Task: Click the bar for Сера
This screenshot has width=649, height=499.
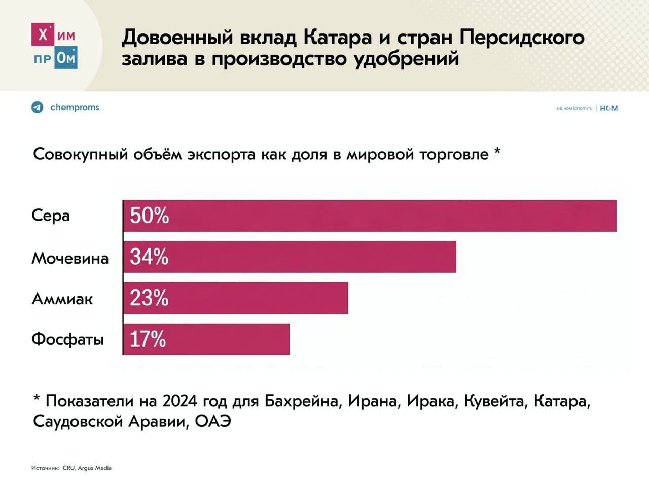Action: coord(370,216)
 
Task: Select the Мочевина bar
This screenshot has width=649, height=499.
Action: coord(290,257)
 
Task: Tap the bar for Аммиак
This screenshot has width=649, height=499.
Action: coord(236,298)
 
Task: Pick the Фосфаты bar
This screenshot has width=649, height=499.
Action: coord(206,339)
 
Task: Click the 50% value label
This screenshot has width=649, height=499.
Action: coord(149,216)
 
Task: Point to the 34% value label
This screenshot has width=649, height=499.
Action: coord(149,257)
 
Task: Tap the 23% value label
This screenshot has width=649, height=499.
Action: coord(149,298)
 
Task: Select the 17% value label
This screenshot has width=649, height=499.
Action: coord(148,339)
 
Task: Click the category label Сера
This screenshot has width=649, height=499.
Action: coord(51,216)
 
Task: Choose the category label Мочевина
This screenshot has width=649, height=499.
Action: coord(70,258)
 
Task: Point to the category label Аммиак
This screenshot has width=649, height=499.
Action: coord(62,299)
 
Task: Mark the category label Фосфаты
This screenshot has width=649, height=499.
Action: coord(67,339)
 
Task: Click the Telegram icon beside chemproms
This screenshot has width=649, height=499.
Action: coord(38,108)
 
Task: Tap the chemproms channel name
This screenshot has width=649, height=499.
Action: coord(75,108)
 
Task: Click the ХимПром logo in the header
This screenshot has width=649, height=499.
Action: coord(54,46)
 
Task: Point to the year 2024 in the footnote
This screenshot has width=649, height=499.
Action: coord(180,401)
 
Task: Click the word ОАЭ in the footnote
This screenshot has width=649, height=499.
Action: coord(213,421)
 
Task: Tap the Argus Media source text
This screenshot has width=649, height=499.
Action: coord(94,468)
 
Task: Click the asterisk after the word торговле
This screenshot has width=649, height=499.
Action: coord(497,151)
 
